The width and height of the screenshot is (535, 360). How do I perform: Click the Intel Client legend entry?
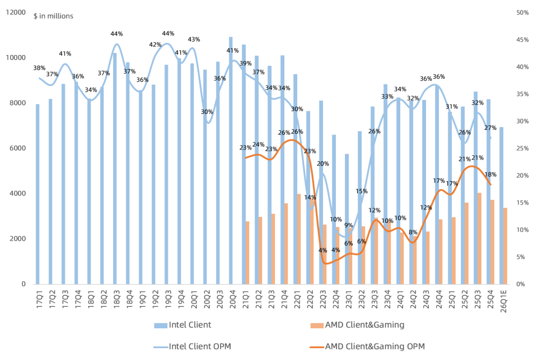click(182, 325)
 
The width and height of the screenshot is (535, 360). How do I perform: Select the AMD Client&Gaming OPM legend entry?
click(368, 347)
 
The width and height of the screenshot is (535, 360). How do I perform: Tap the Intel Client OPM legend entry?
click(192, 347)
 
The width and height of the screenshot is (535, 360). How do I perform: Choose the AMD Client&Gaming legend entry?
click(357, 325)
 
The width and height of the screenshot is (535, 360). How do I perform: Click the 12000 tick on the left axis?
click(16, 12)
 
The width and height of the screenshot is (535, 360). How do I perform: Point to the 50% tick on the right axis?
click(523, 12)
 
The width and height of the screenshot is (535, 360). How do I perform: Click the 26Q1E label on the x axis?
click(503, 301)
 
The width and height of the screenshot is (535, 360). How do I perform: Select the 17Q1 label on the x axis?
click(40, 299)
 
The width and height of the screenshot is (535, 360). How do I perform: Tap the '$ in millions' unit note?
click(53, 16)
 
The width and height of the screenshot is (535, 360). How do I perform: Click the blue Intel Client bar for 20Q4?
click(231, 160)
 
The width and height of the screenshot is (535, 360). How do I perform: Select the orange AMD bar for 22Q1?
click(299, 239)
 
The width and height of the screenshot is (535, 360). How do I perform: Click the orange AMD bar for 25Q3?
click(480, 239)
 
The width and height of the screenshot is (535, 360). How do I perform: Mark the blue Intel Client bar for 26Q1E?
click(501, 206)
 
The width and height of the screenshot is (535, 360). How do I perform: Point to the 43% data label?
click(194, 40)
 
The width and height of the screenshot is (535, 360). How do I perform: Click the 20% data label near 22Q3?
click(323, 164)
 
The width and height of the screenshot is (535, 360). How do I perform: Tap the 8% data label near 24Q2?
click(413, 232)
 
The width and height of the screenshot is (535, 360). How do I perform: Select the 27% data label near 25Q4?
click(490, 128)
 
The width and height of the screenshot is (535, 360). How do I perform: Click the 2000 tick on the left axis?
click(18, 239)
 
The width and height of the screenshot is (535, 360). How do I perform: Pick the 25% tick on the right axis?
click(523, 148)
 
